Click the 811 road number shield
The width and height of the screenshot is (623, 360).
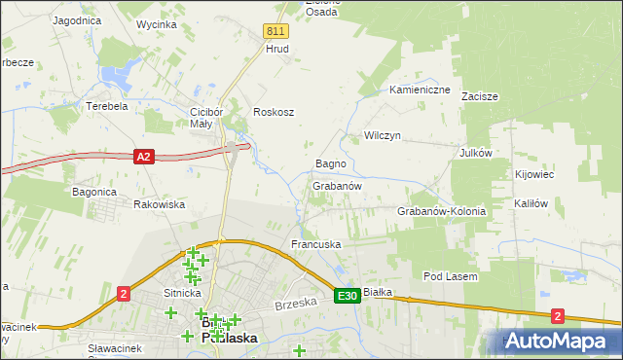tap(275, 31)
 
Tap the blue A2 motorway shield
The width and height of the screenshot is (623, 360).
tap(144, 157)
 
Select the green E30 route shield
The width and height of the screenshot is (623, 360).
tap(348, 295)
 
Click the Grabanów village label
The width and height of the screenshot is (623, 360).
tap(338, 186)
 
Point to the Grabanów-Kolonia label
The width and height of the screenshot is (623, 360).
tap(441, 211)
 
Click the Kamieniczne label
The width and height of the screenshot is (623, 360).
tap(420, 90)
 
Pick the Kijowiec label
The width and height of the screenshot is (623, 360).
tap(533, 175)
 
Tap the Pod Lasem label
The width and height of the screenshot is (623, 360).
tap(449, 277)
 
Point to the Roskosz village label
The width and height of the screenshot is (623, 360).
tap(274, 112)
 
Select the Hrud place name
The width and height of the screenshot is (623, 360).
tap(277, 49)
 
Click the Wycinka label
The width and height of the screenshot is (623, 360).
tap(156, 23)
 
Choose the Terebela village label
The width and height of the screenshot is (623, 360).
tap(107, 106)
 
